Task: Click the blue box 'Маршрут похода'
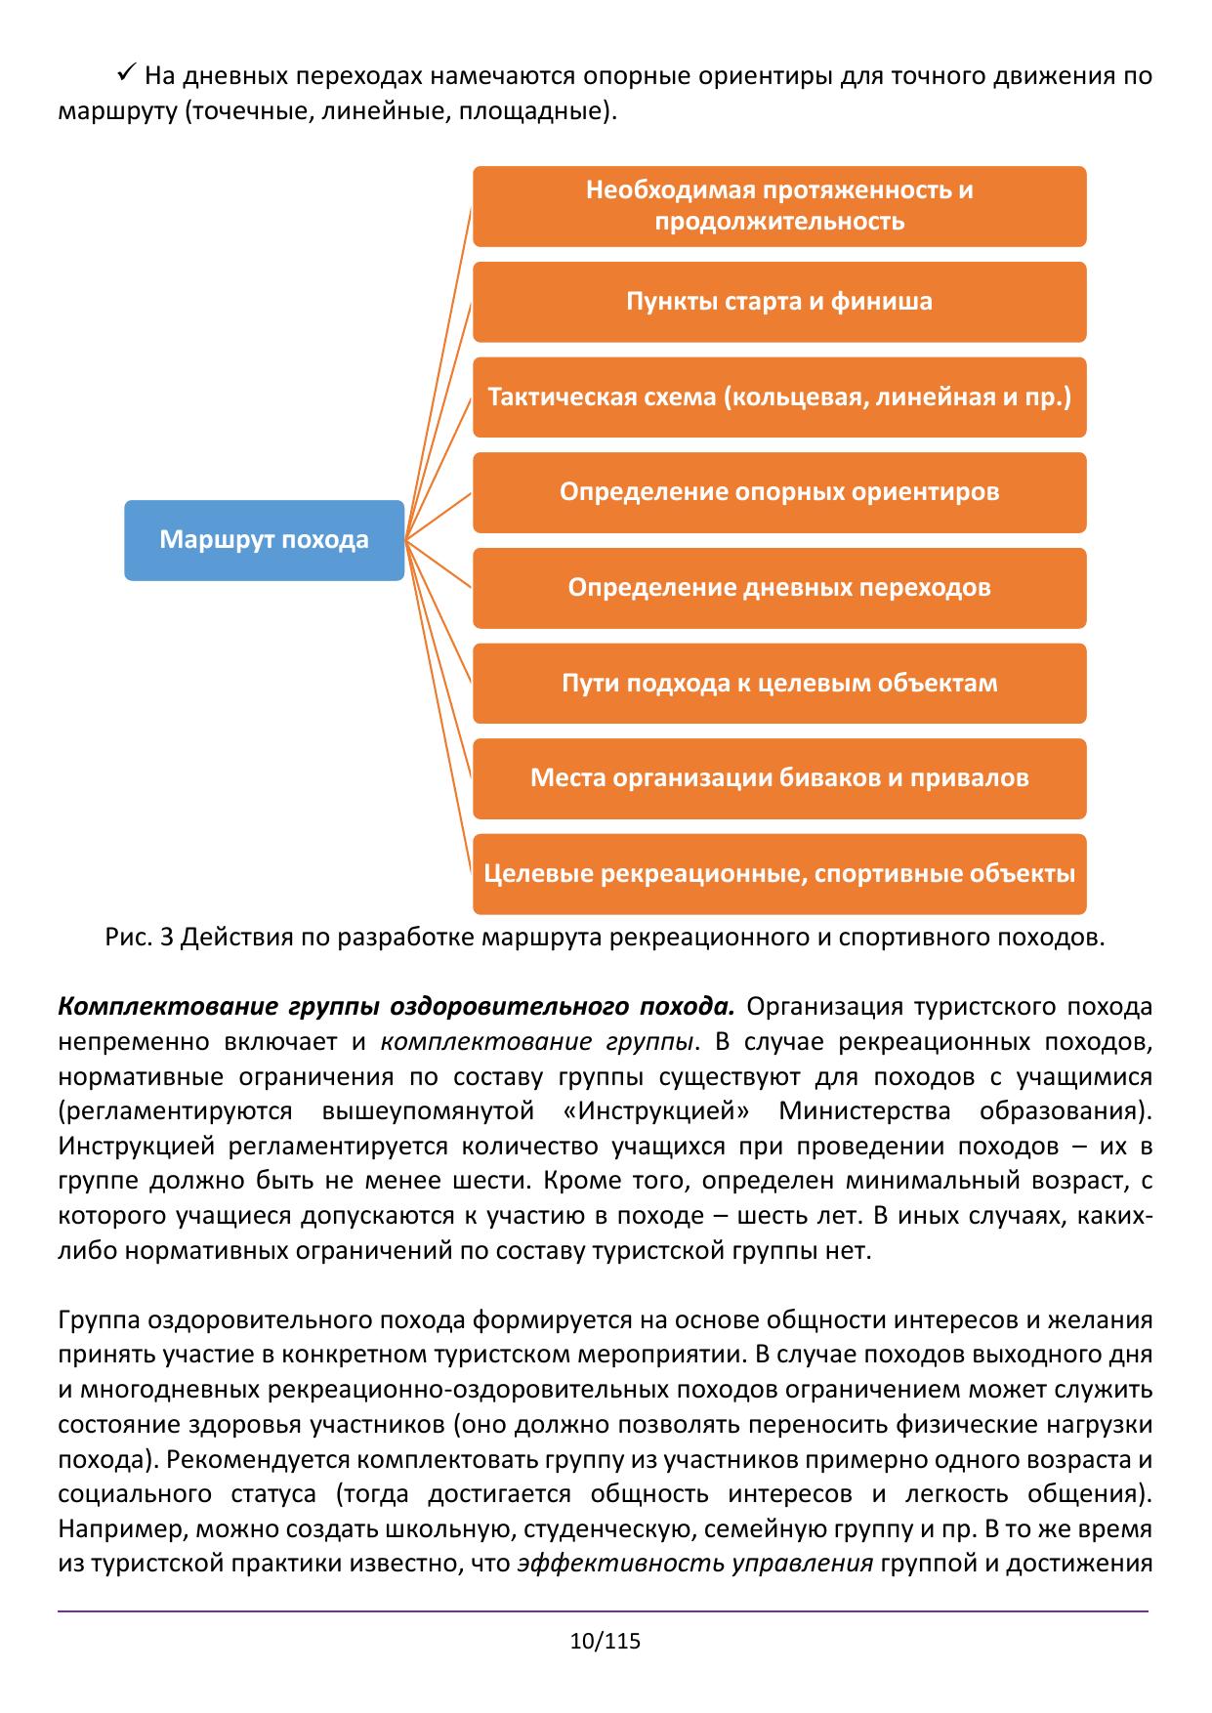coord(264,540)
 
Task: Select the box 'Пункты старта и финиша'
coord(779,302)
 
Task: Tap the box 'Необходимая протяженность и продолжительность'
coord(779,206)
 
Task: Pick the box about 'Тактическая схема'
coord(779,397)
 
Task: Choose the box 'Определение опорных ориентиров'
coord(779,492)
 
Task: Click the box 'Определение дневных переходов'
coord(779,588)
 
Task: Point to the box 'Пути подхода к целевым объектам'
coord(779,684)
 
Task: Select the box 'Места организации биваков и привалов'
coord(779,778)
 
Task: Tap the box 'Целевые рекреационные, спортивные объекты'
coord(779,874)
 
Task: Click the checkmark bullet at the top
coord(125,73)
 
